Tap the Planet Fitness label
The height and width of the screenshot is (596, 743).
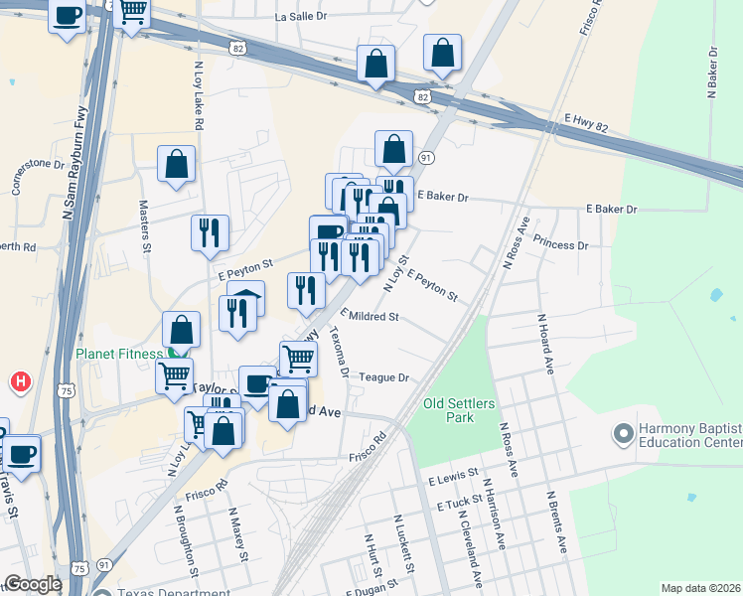[x=117, y=353]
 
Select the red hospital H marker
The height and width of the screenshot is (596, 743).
[x=20, y=381]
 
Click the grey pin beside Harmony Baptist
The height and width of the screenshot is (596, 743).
[x=624, y=434]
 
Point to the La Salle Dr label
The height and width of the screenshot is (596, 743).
[x=302, y=18]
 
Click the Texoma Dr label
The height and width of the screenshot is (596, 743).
[x=339, y=352]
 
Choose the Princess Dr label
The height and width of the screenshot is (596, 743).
[x=560, y=243]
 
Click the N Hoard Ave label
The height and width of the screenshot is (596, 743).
[x=544, y=344]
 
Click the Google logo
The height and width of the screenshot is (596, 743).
[x=33, y=584]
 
